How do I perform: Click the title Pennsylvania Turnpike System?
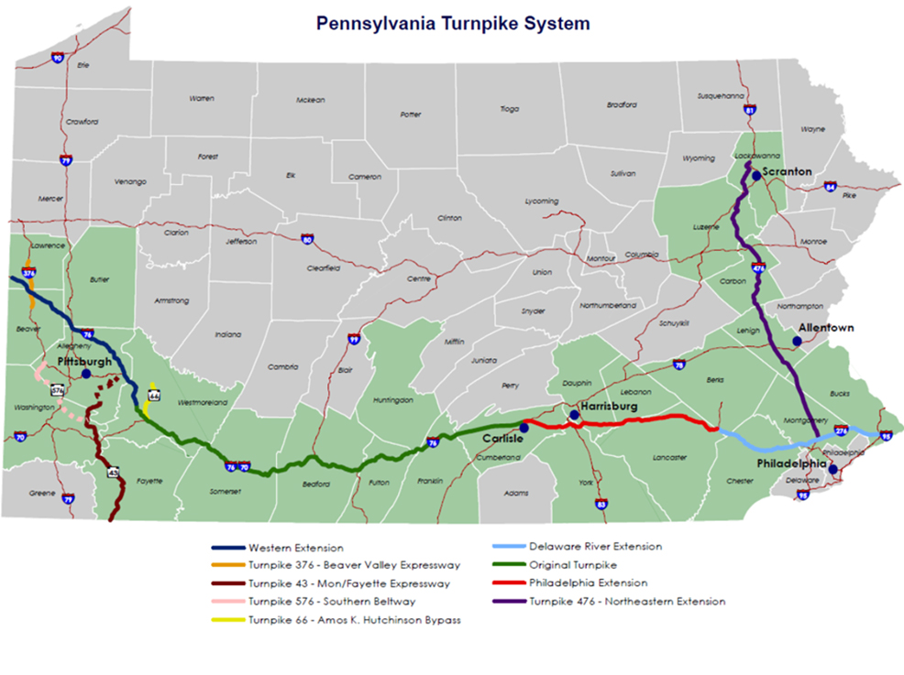(x=453, y=23)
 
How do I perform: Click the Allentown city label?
(x=826, y=328)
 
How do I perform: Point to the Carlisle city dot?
(x=524, y=428)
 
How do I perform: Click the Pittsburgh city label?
(x=84, y=362)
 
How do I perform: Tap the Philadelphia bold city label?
(x=790, y=464)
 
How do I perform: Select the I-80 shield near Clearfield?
(x=307, y=240)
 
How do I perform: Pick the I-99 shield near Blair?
(x=354, y=340)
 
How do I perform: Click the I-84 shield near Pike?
(x=830, y=187)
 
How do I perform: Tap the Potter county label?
(x=411, y=115)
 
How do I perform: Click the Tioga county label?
(x=510, y=109)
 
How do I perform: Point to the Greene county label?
(x=41, y=493)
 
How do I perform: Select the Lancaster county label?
(x=670, y=457)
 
